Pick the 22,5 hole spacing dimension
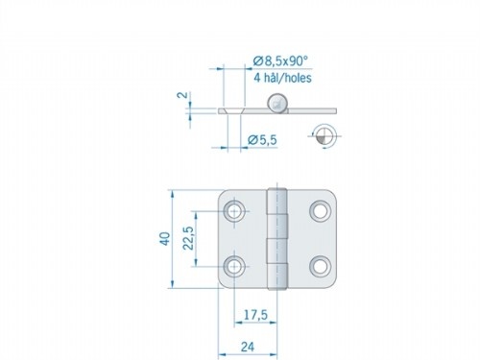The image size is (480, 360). click(x=191, y=237)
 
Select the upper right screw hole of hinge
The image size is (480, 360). click(x=320, y=210)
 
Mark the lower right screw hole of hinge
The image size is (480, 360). click(x=320, y=264)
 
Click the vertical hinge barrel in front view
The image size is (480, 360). click(x=277, y=237)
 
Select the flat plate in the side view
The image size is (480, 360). click(x=245, y=111)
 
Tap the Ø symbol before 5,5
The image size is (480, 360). click(x=252, y=141)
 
